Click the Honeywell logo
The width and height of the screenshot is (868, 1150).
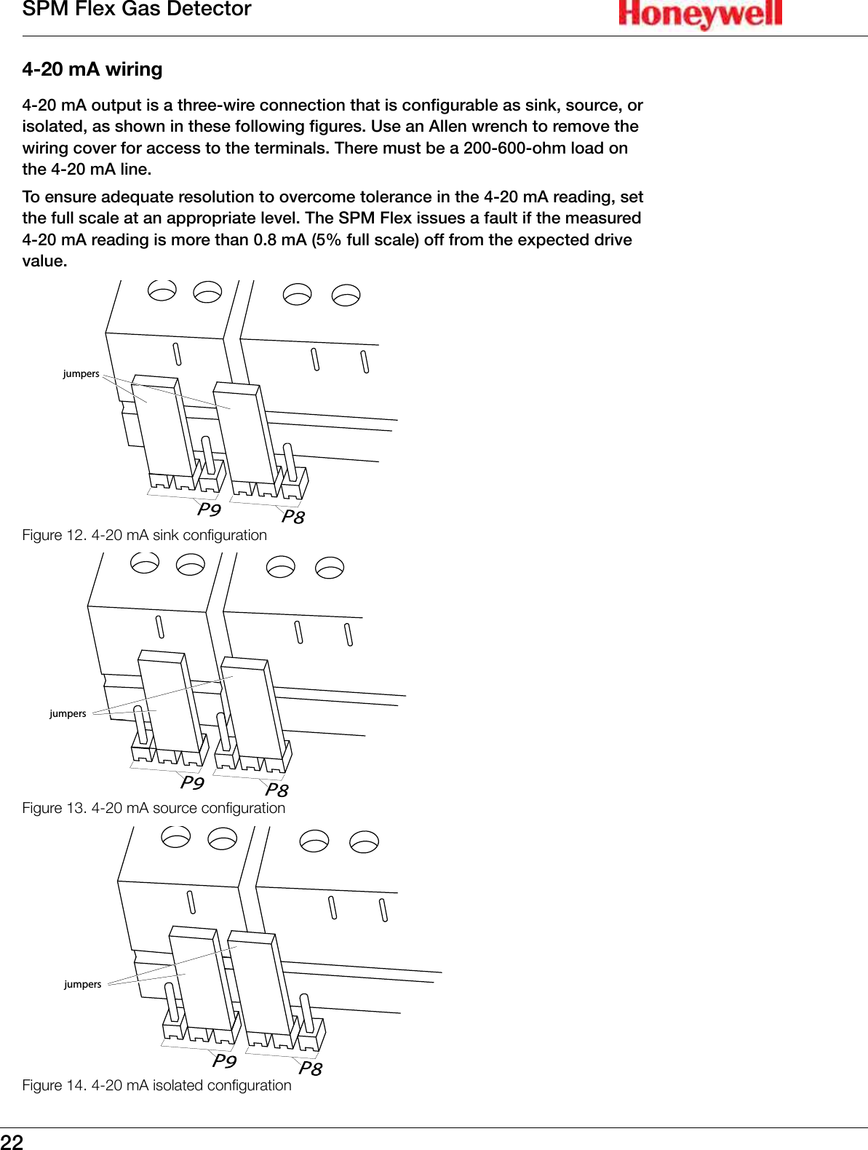700,14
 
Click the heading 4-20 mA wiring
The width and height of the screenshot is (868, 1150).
92,70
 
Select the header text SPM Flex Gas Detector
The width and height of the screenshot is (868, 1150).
137,9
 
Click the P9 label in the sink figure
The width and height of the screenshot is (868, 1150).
209,509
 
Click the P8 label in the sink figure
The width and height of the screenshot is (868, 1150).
293,517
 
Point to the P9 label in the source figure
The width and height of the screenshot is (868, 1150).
192,782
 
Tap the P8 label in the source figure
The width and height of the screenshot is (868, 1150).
276,790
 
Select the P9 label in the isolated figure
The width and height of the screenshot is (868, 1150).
224,1060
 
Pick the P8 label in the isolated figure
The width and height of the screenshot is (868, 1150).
310,1068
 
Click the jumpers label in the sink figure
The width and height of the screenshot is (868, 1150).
81,373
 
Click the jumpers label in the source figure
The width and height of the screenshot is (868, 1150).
68,713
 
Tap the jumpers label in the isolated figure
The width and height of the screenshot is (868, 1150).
82,984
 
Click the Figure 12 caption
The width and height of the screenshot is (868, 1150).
144,535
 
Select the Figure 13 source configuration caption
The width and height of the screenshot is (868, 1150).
154,808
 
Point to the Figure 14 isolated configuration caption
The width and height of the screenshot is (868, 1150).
156,1085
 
